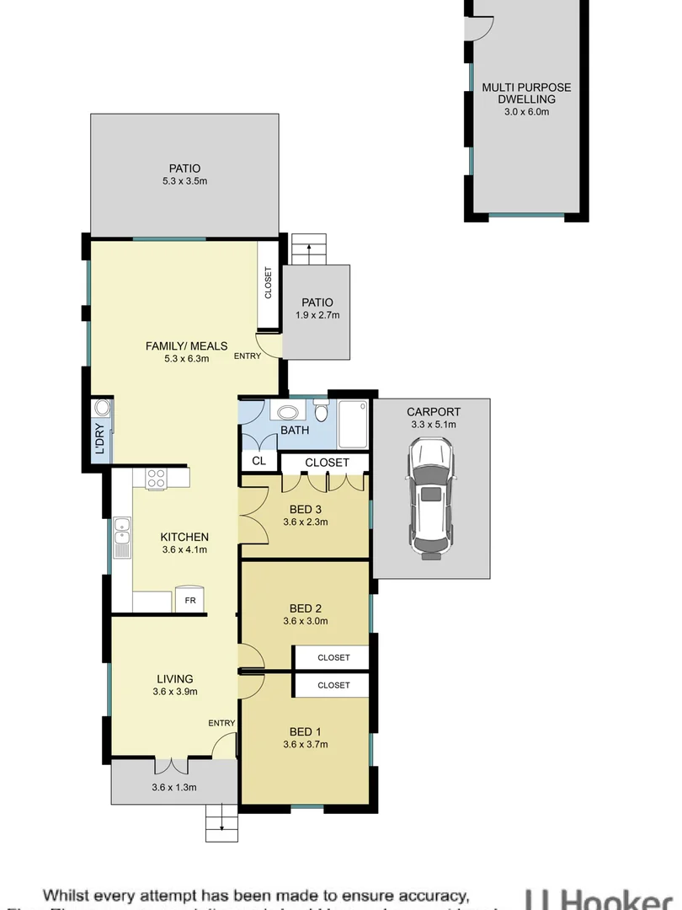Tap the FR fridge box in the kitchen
[190, 600]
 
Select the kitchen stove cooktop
[157, 479]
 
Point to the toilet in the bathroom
[321, 413]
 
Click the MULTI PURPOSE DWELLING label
[526, 93]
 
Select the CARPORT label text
[434, 412]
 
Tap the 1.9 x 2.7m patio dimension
[316, 316]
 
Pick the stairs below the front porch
[222, 822]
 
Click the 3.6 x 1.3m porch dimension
[173, 788]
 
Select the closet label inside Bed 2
[333, 657]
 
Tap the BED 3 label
[306, 509]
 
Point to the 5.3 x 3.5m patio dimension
[184, 181]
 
